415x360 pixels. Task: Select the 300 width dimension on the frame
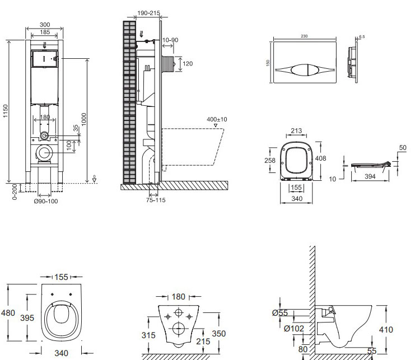[x=45, y=25]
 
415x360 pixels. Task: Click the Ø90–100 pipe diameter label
[x=45, y=201]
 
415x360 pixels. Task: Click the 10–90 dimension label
[x=171, y=40]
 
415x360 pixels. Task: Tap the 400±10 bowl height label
[x=216, y=119]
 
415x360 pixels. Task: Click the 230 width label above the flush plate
[x=305, y=36]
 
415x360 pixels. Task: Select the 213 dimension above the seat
[x=296, y=132]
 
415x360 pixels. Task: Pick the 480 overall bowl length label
[x=8, y=313]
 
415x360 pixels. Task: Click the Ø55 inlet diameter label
[x=280, y=314]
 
